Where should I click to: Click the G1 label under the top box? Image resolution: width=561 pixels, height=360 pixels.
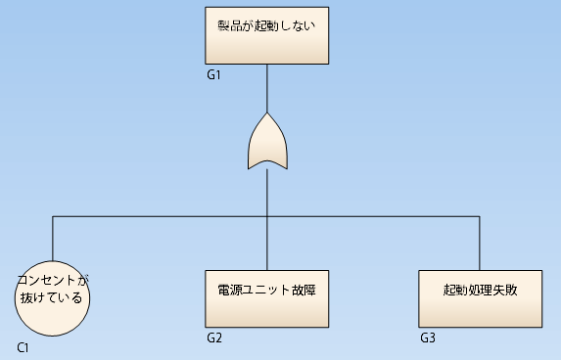point(214,74)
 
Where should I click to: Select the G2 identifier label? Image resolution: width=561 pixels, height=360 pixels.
point(214,338)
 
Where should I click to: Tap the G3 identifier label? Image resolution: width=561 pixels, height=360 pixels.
point(428,338)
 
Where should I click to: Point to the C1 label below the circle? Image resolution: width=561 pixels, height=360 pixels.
point(23,348)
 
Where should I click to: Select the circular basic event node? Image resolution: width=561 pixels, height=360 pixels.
point(53,297)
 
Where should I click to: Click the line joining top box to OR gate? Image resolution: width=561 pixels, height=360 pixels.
point(267,90)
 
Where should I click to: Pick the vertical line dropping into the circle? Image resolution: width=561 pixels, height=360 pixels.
point(53,240)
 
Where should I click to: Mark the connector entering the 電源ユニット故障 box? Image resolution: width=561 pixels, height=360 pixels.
point(267,243)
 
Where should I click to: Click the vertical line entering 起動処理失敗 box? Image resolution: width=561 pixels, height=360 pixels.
point(480,243)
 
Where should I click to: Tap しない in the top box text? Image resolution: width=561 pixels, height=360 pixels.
point(298,25)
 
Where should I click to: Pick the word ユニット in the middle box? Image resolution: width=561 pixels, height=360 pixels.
point(265,290)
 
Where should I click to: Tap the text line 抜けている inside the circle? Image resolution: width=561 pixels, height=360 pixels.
point(51,297)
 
